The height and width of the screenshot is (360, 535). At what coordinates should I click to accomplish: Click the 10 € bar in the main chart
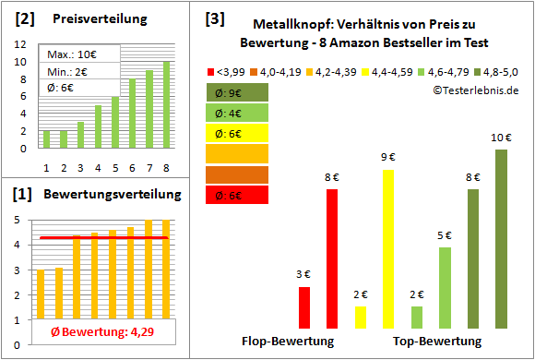coord(501,238)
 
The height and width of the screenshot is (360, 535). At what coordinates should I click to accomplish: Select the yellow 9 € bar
coord(388,248)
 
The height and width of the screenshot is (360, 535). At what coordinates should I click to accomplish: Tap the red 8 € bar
coord(332,258)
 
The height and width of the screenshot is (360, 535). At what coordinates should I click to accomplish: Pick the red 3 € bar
coord(304,307)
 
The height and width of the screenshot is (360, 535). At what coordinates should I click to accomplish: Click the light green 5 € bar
coord(445,287)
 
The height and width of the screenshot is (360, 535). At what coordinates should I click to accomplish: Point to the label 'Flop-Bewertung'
coord(287,341)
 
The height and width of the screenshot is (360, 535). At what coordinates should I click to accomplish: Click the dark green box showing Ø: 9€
coord(235,92)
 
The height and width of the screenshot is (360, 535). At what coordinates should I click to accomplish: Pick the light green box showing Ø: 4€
coord(235,113)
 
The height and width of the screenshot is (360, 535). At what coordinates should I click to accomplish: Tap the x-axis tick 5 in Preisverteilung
coord(114,167)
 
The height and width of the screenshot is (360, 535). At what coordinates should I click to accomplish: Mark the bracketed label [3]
coord(215,18)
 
